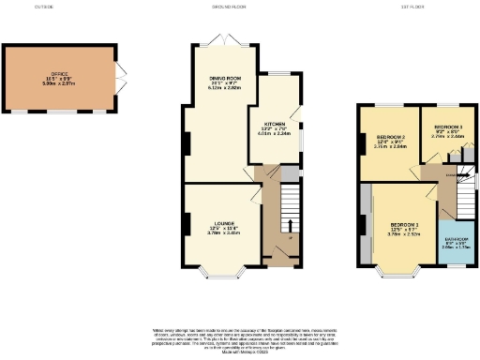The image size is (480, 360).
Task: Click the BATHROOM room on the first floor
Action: pos(457,242)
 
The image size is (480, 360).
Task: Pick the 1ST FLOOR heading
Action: pos(413,6)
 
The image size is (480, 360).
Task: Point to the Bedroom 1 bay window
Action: pos(397,275)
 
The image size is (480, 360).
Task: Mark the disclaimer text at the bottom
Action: pos(239,340)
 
